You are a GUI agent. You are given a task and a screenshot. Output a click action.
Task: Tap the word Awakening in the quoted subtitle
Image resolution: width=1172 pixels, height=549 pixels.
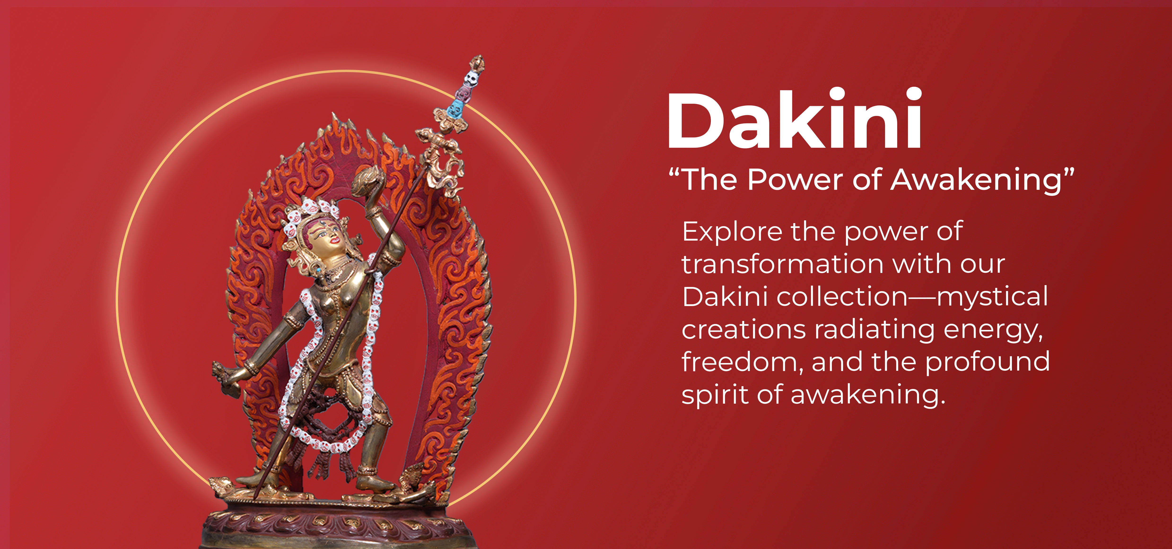[975, 180]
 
